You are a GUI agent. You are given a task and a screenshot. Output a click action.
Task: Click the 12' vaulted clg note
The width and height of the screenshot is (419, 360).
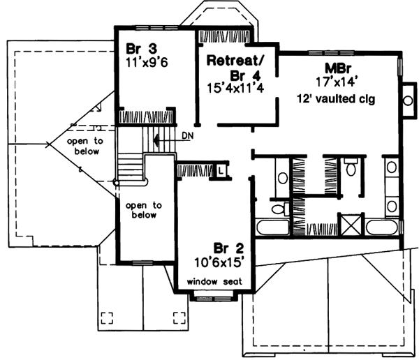coord(335,99)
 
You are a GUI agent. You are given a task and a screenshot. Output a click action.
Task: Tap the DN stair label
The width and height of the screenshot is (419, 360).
coord(186,135)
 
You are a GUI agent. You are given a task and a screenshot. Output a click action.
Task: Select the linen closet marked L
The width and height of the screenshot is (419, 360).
coord(219,170)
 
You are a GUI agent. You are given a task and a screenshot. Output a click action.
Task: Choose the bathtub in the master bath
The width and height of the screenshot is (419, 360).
coord(385,227)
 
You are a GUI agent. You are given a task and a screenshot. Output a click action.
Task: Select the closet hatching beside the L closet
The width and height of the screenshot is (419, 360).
coord(193,170)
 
